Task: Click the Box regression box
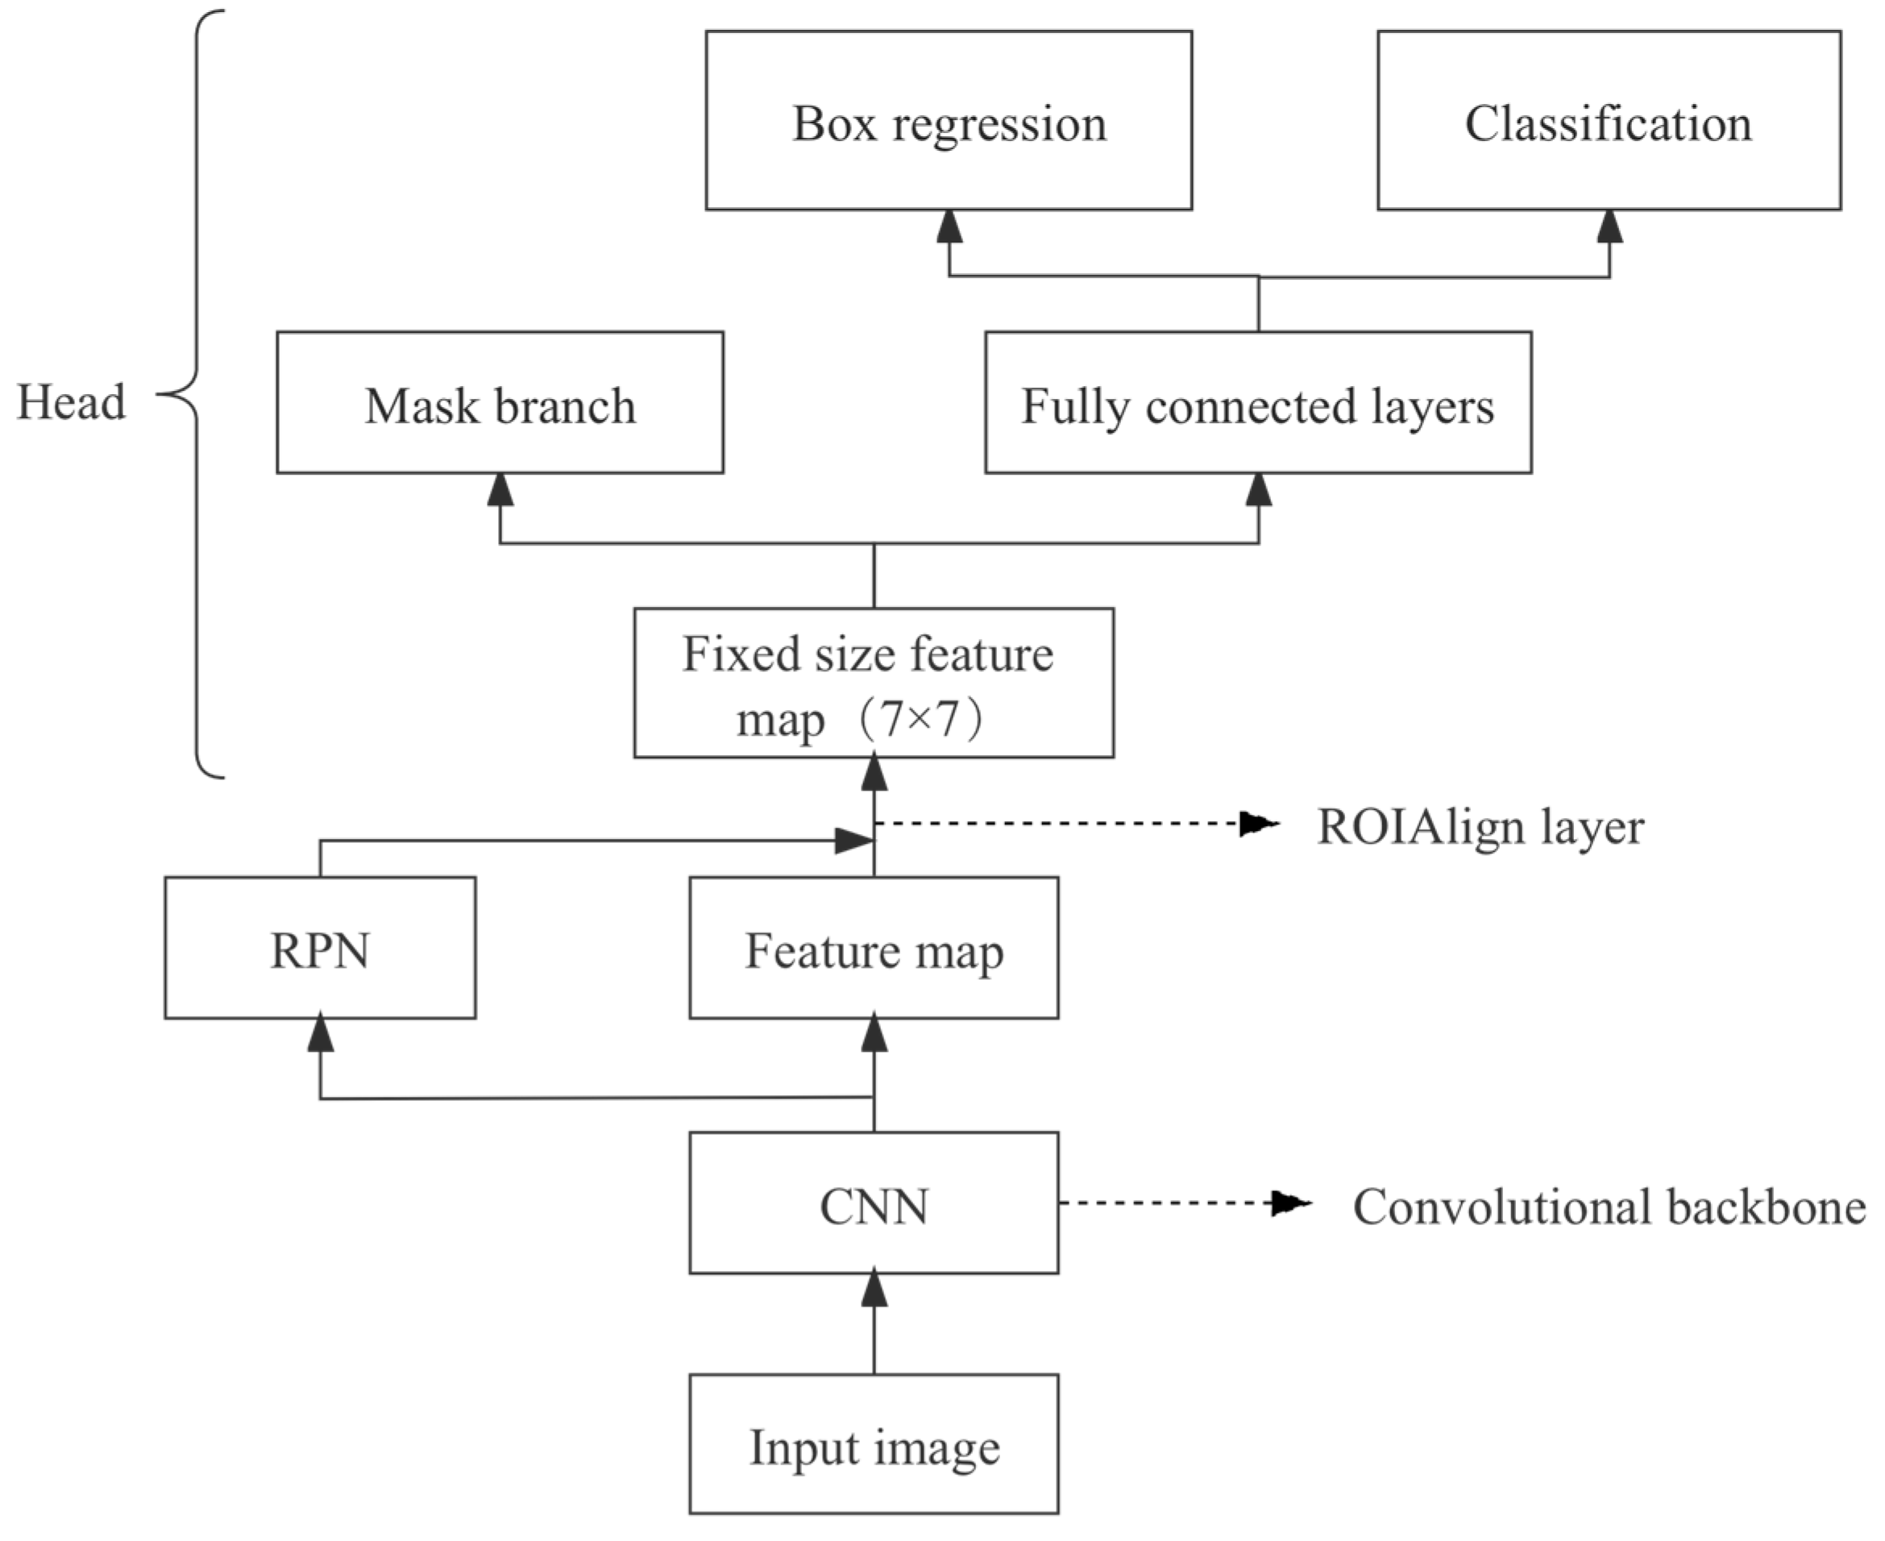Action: (x=949, y=121)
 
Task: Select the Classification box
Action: (x=1608, y=121)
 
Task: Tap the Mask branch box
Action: (x=500, y=403)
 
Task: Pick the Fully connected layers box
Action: (x=1257, y=403)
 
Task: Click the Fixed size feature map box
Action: (x=874, y=683)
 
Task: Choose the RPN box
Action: (x=319, y=948)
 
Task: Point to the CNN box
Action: (x=874, y=1202)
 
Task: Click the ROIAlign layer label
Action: (x=1480, y=826)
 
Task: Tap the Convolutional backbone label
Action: (x=1608, y=1207)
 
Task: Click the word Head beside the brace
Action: (x=71, y=402)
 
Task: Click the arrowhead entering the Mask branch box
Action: (x=500, y=490)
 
